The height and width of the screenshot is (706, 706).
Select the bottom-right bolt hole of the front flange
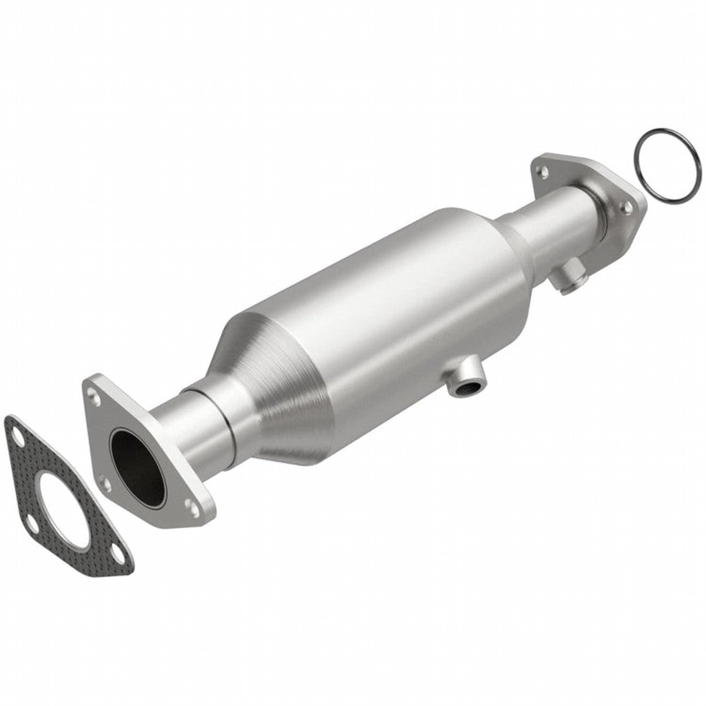[192, 509]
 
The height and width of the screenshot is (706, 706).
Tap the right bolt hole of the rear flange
[627, 206]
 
